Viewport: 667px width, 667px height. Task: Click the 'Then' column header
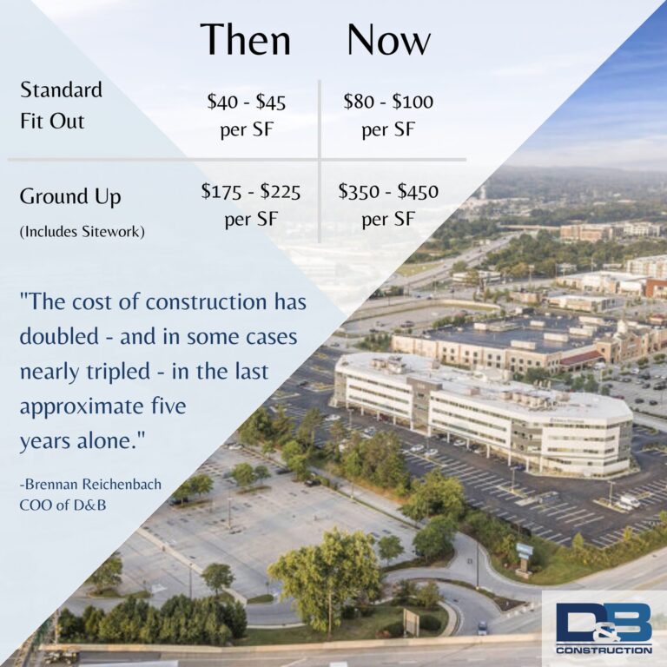[246, 40]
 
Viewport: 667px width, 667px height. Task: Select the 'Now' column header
[389, 40]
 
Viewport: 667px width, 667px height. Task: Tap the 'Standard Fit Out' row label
[62, 105]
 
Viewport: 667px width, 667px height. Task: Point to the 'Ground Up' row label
[70, 197]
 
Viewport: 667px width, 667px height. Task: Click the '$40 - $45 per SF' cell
[247, 116]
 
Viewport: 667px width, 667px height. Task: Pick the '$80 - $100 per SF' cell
[388, 116]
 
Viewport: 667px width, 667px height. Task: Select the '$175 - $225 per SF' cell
[251, 205]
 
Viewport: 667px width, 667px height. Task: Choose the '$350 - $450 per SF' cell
[388, 205]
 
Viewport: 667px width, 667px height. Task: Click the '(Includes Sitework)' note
[83, 232]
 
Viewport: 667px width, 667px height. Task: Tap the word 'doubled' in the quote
[59, 336]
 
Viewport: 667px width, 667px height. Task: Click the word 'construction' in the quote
[206, 302]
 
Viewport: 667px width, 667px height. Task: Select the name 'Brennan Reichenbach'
[90, 484]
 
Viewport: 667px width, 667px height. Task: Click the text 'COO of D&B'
[63, 505]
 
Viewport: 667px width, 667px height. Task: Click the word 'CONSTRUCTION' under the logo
[604, 650]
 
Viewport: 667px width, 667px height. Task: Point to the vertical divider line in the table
[319, 162]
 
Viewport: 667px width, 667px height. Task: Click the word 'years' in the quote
[45, 441]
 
